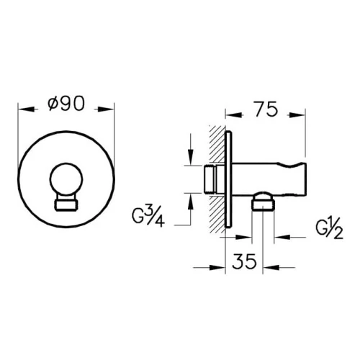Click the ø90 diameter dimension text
66,104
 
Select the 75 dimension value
266,109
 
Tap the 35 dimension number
244,261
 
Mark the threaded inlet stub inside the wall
210,179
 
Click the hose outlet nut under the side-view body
263,204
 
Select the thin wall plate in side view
229,179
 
